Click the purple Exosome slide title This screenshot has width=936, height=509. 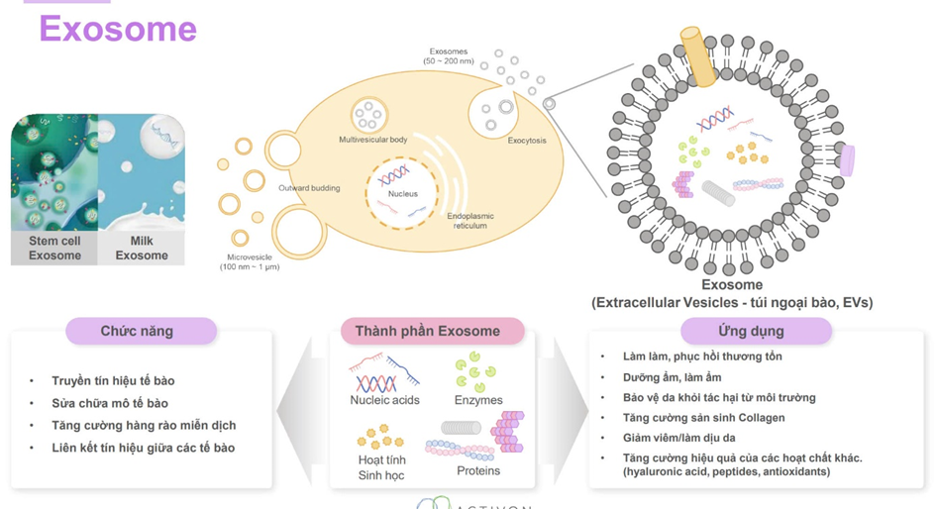tap(118, 29)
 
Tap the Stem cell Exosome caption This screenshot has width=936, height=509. tap(54, 248)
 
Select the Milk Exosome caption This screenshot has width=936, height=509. tap(142, 248)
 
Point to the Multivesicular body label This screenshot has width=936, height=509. tap(372, 140)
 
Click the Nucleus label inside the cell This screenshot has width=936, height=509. tap(402, 194)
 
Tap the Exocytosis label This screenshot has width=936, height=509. tap(527, 141)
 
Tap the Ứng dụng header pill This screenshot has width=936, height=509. tap(751, 331)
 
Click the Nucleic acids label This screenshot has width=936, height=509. tap(384, 400)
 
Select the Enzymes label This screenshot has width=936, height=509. tap(477, 400)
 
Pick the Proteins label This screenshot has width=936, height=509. tap(478, 470)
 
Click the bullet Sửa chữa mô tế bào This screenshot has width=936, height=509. tap(110, 403)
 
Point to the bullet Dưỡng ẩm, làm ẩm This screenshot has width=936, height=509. tap(673, 377)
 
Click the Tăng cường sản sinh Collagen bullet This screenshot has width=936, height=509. tap(703, 418)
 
